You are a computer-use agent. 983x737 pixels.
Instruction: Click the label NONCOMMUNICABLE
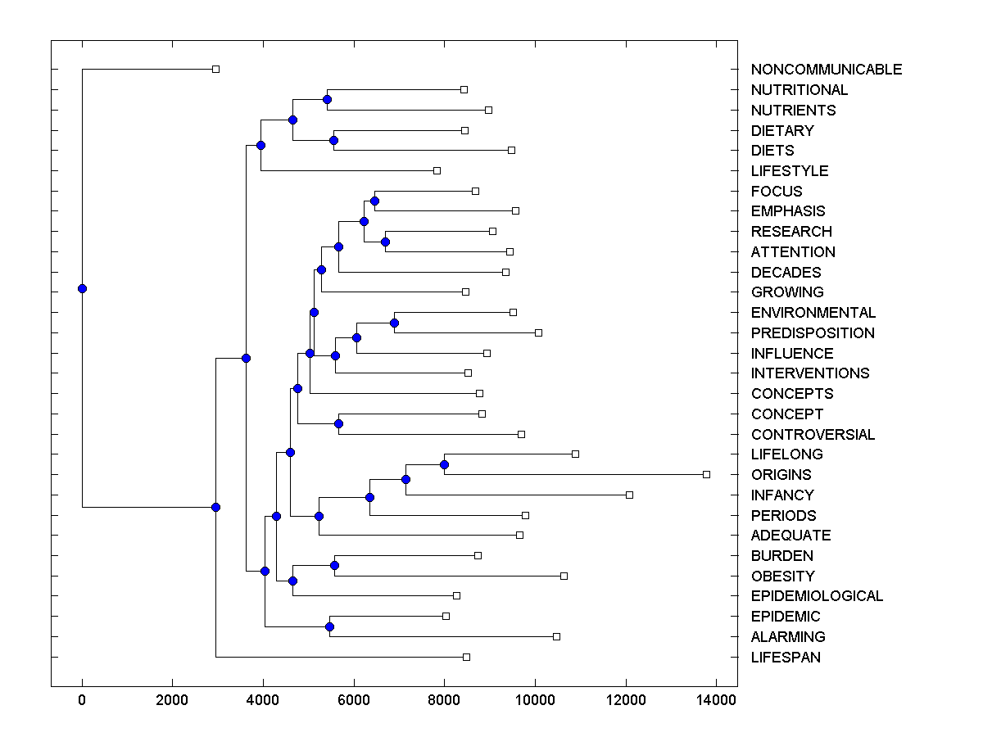tap(826, 70)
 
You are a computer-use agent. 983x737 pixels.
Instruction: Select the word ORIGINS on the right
tap(781, 475)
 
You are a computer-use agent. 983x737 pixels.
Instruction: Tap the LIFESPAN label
tap(786, 658)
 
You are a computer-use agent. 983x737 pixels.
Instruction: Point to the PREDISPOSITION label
tap(813, 333)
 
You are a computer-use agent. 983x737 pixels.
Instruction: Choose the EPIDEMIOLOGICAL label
tap(817, 596)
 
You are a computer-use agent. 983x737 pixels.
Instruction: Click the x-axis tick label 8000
tap(444, 699)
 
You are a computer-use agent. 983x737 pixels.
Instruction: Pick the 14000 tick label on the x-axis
tap(715, 699)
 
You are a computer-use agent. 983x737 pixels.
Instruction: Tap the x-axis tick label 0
tap(82, 699)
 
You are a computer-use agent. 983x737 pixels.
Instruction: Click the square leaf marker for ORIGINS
tap(706, 474)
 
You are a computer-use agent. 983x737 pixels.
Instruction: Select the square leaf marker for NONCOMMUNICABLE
tap(215, 69)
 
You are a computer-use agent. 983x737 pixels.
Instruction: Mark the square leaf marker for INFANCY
tap(629, 495)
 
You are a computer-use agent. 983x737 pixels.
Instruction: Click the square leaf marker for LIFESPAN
tap(466, 657)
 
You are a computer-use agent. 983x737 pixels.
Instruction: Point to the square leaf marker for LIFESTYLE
tap(437, 170)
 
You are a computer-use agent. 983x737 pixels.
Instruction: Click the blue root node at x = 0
tap(82, 288)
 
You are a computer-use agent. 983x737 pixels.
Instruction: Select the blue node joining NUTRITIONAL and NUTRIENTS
tap(327, 99)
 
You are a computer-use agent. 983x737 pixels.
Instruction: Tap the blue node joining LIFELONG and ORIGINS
tap(444, 464)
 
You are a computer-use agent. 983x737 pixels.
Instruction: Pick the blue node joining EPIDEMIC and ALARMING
tap(329, 626)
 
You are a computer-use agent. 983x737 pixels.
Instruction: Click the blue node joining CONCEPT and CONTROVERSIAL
tap(338, 423)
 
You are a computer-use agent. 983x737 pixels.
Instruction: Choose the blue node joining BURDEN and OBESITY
tap(334, 565)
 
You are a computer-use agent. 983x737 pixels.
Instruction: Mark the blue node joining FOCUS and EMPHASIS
tap(374, 201)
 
